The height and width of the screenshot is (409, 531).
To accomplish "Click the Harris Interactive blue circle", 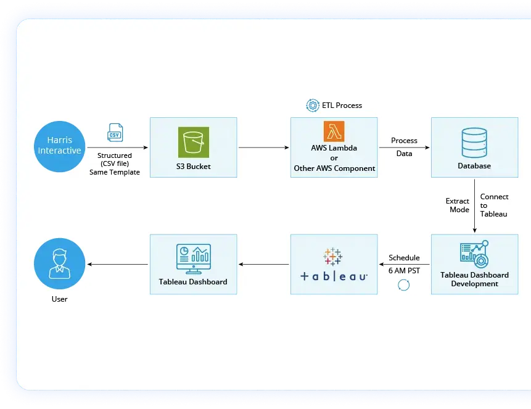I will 59,146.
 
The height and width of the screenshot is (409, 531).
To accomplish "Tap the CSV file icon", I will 115,133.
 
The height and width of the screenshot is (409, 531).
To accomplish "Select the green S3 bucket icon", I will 194,143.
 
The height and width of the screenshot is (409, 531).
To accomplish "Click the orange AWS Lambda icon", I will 334,131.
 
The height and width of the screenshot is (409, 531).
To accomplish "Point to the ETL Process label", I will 342,105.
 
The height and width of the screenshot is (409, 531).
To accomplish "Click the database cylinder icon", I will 474,143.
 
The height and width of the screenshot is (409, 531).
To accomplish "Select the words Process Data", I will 404,147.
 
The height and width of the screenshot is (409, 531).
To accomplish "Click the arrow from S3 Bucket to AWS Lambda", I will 263,148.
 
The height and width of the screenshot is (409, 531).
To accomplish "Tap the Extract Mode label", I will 458,205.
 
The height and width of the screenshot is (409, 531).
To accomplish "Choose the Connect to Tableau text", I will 494,205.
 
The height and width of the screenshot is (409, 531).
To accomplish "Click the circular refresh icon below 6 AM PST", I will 404,284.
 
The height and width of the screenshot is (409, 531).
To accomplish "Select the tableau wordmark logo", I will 334,276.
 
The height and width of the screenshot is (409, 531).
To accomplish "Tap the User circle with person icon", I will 59,264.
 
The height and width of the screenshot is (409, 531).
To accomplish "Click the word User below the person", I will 59,299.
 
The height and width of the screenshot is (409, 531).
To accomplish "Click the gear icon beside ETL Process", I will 312,105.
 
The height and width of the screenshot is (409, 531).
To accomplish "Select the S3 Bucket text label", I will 193,167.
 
